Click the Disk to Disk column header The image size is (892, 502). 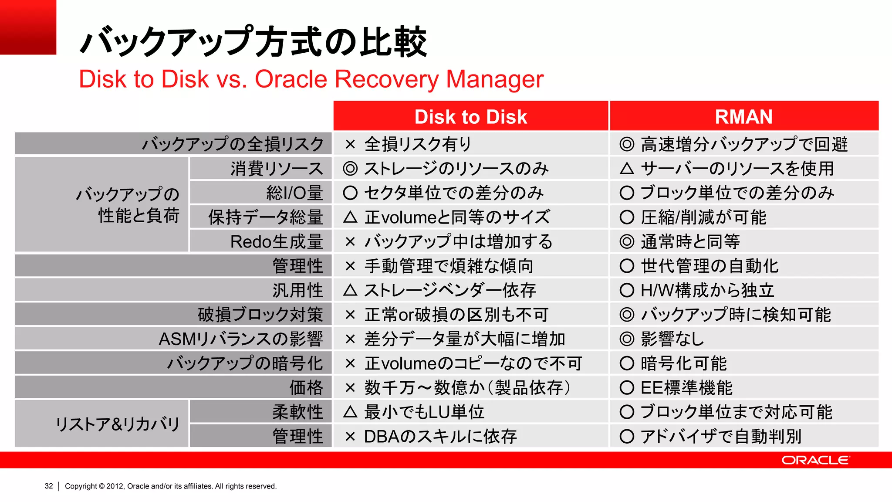(x=470, y=117)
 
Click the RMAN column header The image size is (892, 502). (x=743, y=117)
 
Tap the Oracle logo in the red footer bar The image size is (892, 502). (x=815, y=460)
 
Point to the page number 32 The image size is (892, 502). (x=49, y=486)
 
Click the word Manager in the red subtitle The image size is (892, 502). (x=494, y=79)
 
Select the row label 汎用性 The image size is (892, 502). (x=297, y=290)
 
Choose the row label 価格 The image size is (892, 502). (x=306, y=387)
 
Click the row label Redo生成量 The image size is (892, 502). (x=277, y=241)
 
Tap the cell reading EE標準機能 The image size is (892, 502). (x=686, y=387)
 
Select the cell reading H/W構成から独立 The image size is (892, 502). (x=707, y=290)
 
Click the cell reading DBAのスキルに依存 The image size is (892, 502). (x=440, y=436)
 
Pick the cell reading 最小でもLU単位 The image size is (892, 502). (x=424, y=412)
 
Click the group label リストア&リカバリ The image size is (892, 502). (x=118, y=424)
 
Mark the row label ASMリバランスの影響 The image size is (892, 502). (x=241, y=339)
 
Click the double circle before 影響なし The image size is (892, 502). (x=627, y=339)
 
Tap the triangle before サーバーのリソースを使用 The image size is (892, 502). (x=627, y=168)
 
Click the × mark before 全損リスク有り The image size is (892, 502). (x=350, y=144)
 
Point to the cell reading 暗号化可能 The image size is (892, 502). (x=683, y=363)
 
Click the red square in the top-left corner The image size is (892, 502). (x=28, y=27)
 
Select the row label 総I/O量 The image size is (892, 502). (x=294, y=193)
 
